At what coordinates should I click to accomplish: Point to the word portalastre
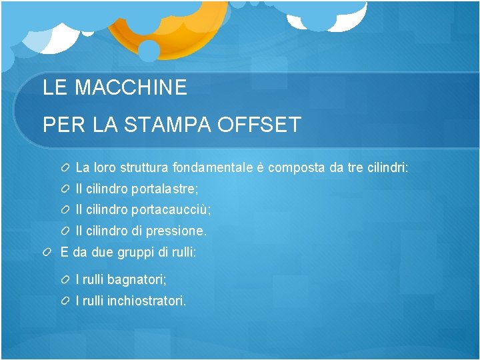pyautogui.click(x=165, y=189)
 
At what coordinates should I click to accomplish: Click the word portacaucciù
pyautogui.click(x=171, y=210)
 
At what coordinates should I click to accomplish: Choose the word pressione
pyautogui.click(x=176, y=231)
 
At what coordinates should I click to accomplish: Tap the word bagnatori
pyautogui.click(x=137, y=279)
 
